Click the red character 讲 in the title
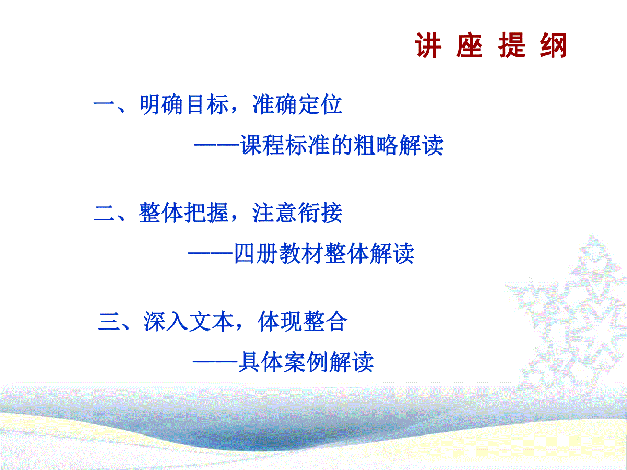428,45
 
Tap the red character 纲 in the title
553,45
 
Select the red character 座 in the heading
470,45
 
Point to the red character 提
512,45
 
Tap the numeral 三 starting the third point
109,322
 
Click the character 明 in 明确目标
149,104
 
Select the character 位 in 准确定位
332,104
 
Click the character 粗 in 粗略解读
364,145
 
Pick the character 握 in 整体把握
218,213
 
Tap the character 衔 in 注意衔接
309,213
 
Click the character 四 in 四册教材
244,253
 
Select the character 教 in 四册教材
289,253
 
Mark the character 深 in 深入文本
154,321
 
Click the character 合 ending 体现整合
336,321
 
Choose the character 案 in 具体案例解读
294,362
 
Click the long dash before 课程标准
217,145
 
